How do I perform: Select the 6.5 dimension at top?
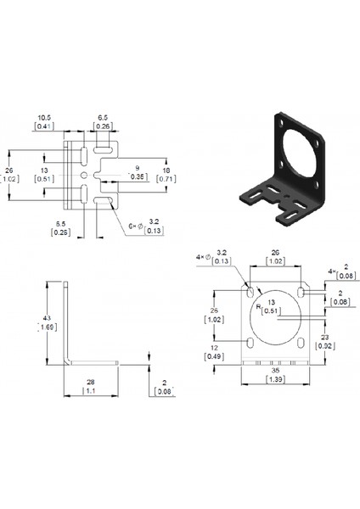pos(101,117)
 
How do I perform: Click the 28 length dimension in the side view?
pos(89,384)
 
